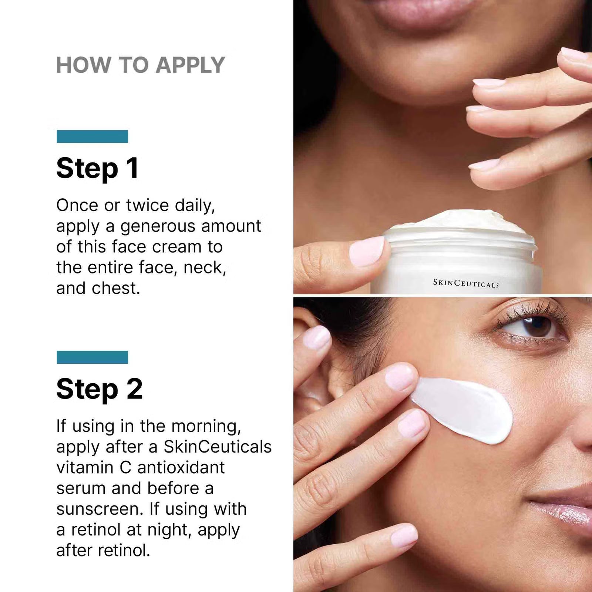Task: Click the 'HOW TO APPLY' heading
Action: [140, 65]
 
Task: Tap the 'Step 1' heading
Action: [97, 168]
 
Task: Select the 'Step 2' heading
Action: [99, 389]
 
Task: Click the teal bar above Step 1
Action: [92, 136]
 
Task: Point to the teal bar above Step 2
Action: [92, 357]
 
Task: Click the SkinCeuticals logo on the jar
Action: [466, 283]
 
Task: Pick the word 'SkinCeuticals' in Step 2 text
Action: [218, 447]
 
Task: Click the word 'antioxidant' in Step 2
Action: [181, 468]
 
